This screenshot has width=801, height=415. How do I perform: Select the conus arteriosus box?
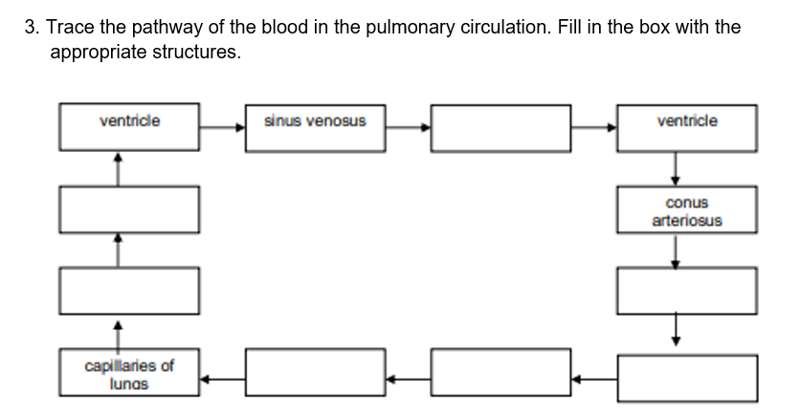[686, 210]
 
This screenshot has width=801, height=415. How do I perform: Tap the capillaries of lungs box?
[129, 373]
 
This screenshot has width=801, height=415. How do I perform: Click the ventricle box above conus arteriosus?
[686, 127]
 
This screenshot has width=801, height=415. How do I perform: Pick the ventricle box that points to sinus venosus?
[129, 127]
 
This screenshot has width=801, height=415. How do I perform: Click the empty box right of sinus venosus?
[501, 127]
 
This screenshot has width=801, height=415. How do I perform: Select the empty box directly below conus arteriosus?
[686, 290]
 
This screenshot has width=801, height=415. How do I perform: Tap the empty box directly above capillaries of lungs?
[129, 290]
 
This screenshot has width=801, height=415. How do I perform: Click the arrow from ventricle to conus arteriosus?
[676, 168]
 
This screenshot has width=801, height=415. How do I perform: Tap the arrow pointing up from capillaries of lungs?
[119, 334]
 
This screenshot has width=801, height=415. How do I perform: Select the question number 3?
[31, 27]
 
